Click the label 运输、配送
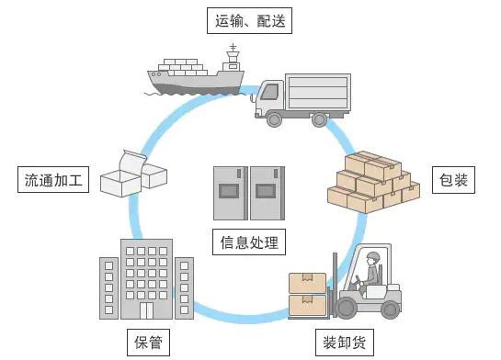249,19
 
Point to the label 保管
147,343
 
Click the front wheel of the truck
274,118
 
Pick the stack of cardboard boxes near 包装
372,181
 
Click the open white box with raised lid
123,174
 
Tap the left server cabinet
230,193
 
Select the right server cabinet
268,193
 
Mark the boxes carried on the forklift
307,293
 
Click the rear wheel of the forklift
390,309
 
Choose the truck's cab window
269,91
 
